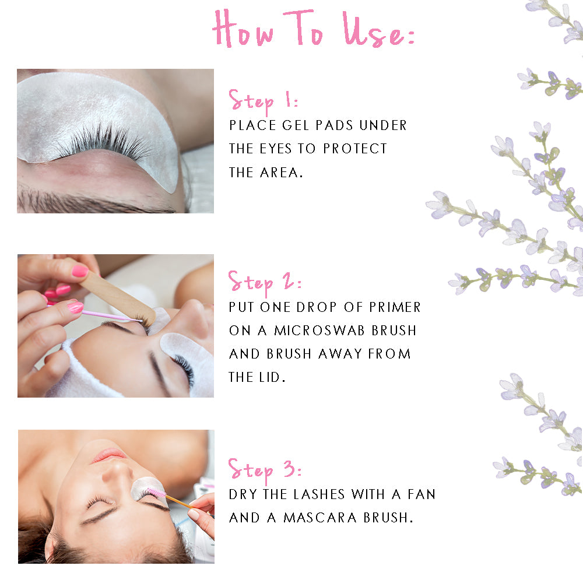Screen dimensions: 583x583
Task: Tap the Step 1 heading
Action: (263, 101)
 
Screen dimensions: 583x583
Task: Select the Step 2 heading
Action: (264, 283)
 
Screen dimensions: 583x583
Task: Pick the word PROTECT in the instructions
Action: (354, 149)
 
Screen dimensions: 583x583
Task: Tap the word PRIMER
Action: (395, 307)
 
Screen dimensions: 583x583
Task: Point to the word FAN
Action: (422, 494)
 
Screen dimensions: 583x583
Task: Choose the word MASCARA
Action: (319, 518)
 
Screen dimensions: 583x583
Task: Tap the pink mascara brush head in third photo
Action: (156, 493)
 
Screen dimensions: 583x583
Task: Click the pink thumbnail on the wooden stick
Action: (80, 271)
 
